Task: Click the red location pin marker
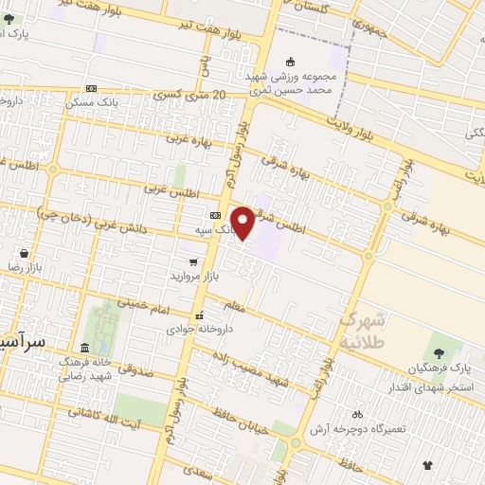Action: [243, 224]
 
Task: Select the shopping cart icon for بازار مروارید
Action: [193, 262]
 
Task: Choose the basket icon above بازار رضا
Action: [23, 254]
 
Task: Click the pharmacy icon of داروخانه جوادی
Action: [199, 316]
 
